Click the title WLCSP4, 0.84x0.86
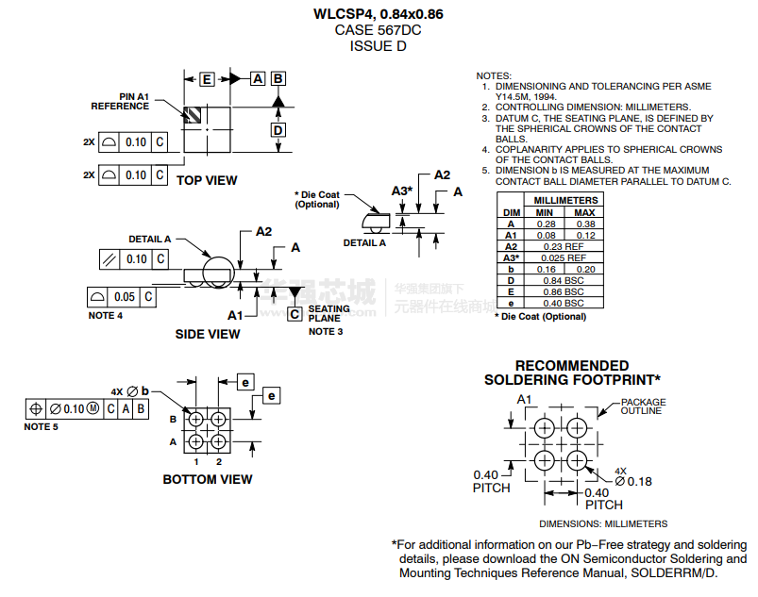click(378, 14)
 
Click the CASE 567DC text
click(378, 30)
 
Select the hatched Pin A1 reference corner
click(194, 115)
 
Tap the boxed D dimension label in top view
click(278, 130)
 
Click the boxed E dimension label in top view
click(206, 79)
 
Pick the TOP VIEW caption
click(207, 180)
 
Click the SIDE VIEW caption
click(208, 334)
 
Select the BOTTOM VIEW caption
click(208, 479)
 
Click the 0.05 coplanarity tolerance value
click(125, 297)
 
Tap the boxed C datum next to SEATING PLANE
click(295, 313)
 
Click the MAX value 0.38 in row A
click(584, 224)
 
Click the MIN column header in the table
click(545, 212)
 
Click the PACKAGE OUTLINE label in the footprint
click(642, 406)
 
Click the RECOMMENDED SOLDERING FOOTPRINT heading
click(571, 373)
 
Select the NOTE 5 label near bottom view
click(42, 427)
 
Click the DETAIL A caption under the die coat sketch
click(363, 242)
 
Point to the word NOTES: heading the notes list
click(494, 75)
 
